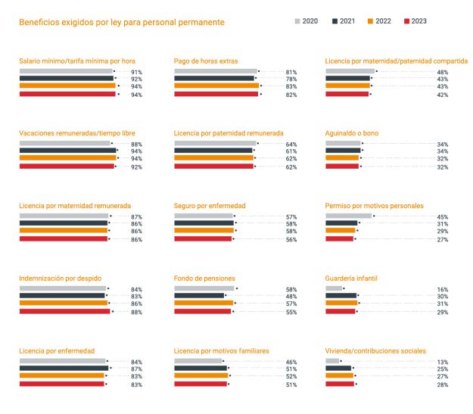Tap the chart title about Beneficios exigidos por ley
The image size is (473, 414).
click(x=121, y=22)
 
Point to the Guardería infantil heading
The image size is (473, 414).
click(x=351, y=279)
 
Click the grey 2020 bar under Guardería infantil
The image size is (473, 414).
click(x=334, y=288)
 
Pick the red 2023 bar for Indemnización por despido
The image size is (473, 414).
click(x=64, y=311)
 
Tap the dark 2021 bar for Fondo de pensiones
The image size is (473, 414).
click(x=199, y=296)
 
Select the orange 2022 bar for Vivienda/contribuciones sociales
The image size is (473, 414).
click(x=339, y=376)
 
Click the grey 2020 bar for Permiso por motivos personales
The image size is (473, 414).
click(x=348, y=216)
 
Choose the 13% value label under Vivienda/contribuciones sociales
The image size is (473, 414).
click(x=442, y=363)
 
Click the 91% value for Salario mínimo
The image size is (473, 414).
click(x=136, y=72)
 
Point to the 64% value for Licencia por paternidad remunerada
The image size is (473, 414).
click(x=291, y=144)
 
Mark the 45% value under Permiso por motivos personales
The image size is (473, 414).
click(x=442, y=217)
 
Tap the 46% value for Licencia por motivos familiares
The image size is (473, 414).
click(x=291, y=363)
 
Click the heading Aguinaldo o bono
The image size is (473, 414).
click(x=352, y=133)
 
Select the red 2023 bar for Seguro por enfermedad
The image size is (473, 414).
click(x=203, y=238)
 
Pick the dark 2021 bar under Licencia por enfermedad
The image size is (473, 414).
click(x=63, y=369)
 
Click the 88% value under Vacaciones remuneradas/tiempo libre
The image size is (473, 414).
click(x=136, y=144)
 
